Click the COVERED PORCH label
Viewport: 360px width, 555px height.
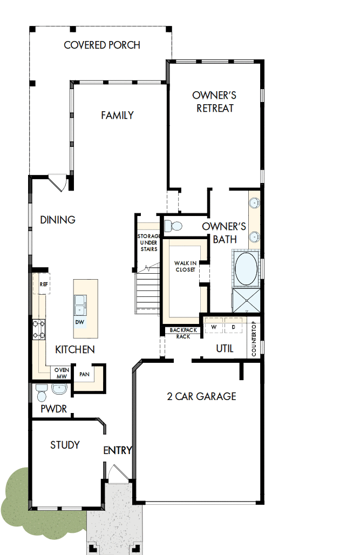(102, 45)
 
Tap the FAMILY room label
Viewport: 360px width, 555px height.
(117, 115)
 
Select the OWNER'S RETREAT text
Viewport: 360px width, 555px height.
(215, 101)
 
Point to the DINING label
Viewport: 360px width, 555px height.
(58, 220)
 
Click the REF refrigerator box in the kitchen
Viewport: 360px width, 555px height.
(43, 283)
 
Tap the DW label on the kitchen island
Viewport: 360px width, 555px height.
(80, 322)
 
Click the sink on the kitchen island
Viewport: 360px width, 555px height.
(80, 304)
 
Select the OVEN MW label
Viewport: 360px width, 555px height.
(61, 373)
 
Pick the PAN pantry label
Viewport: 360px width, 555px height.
(84, 374)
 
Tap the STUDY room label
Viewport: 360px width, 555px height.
(65, 445)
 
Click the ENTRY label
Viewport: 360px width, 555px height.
(118, 450)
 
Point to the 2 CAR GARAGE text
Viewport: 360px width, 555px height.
(201, 396)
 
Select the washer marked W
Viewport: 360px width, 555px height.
(214, 328)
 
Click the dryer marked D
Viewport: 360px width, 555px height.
(234, 328)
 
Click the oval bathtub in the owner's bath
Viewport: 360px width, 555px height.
(246, 269)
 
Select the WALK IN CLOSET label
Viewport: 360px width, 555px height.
(185, 266)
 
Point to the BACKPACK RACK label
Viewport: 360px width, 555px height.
(180, 333)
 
